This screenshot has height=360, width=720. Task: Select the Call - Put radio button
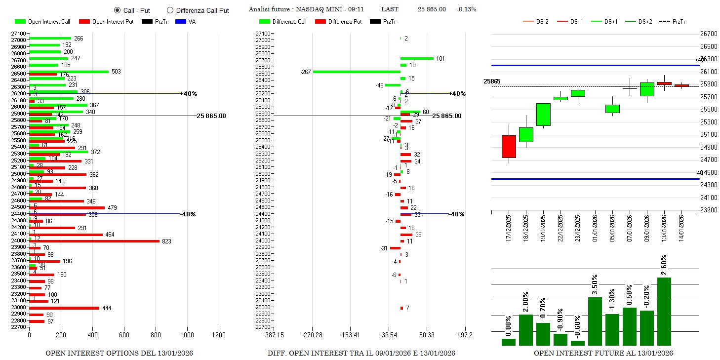pyautogui.click(x=117, y=10)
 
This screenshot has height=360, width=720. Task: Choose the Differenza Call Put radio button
pyautogui.click(x=170, y=10)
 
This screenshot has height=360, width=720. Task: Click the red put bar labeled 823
pyautogui.click(x=94, y=241)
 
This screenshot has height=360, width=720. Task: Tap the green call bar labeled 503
pyautogui.click(x=69, y=72)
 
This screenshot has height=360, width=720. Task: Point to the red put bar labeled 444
pyautogui.click(x=64, y=308)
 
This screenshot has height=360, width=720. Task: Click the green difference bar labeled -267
pyautogui.click(x=357, y=72)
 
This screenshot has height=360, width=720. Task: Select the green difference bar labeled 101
pyautogui.click(x=417, y=58)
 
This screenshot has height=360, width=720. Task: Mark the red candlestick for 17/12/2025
pyautogui.click(x=509, y=146)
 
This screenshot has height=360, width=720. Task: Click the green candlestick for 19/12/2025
pyautogui.click(x=543, y=115)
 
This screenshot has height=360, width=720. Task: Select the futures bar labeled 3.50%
pyautogui.click(x=595, y=321)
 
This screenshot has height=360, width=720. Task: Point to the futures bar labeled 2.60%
pyautogui.click(x=664, y=311)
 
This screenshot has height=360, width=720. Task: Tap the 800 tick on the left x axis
pyautogui.click(x=156, y=335)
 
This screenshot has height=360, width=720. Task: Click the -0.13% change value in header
pyautogui.click(x=467, y=9)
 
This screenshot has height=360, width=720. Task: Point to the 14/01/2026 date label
pyautogui.click(x=681, y=228)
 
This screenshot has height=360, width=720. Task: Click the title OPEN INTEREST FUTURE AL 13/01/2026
pyautogui.click(x=603, y=353)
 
